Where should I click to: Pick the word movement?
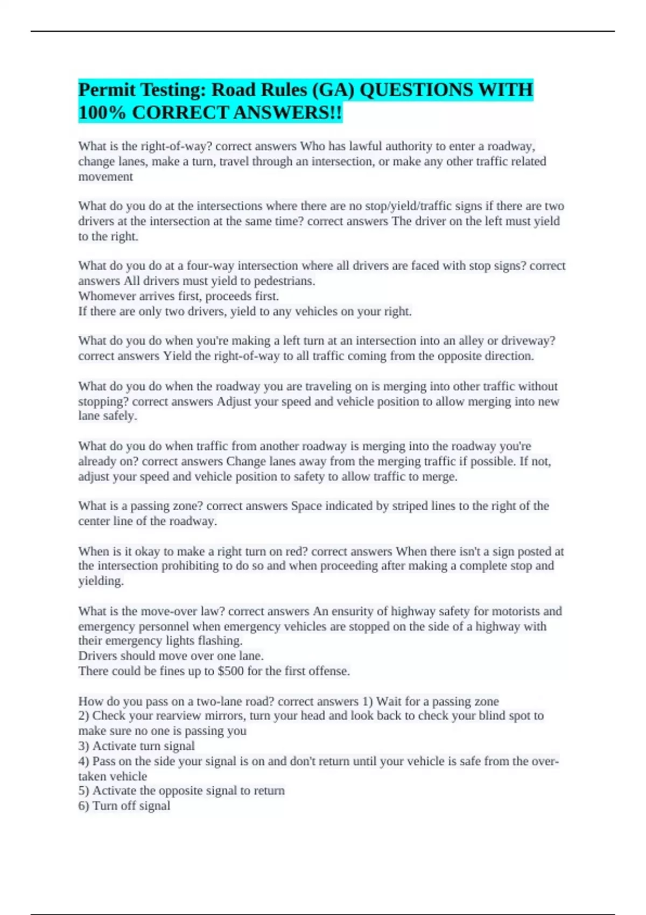(106, 177)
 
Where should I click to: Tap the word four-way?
(210, 266)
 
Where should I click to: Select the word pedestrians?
(284, 281)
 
